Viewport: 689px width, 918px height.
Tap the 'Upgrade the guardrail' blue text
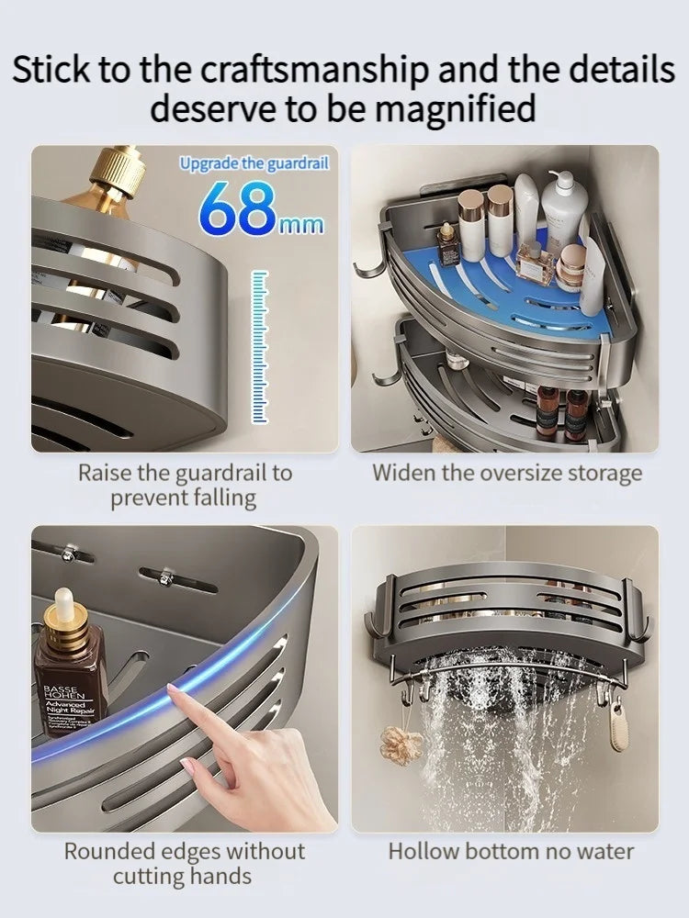pyautogui.click(x=254, y=163)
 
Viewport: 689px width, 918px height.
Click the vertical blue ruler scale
pyautogui.click(x=260, y=347)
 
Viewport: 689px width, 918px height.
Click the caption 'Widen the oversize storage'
pyautogui.click(x=506, y=474)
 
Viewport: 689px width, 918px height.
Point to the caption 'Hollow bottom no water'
pyautogui.click(x=511, y=851)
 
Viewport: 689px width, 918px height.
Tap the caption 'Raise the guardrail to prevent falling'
pyautogui.click(x=184, y=486)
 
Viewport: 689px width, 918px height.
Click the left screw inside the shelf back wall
pyautogui.click(x=68, y=553)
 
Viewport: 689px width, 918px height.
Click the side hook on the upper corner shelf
pyautogui.click(x=367, y=267)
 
